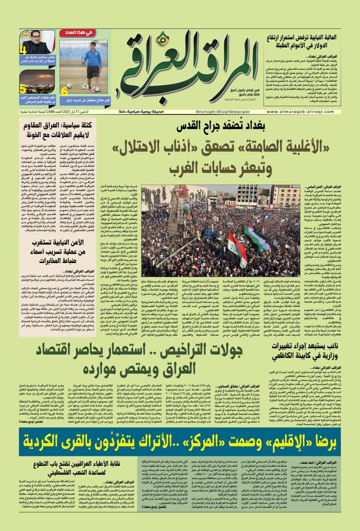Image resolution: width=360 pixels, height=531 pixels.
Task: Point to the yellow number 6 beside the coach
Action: pos(64,91)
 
